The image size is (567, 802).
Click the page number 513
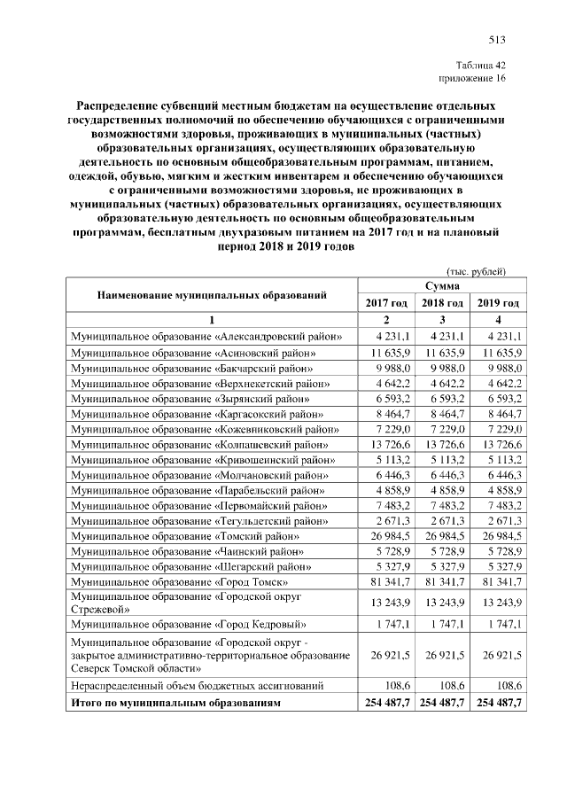click(x=496, y=38)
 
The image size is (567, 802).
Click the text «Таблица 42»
click(x=481, y=66)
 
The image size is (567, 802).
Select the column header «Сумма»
click(x=441, y=286)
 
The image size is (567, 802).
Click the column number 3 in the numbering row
click(x=441, y=319)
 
